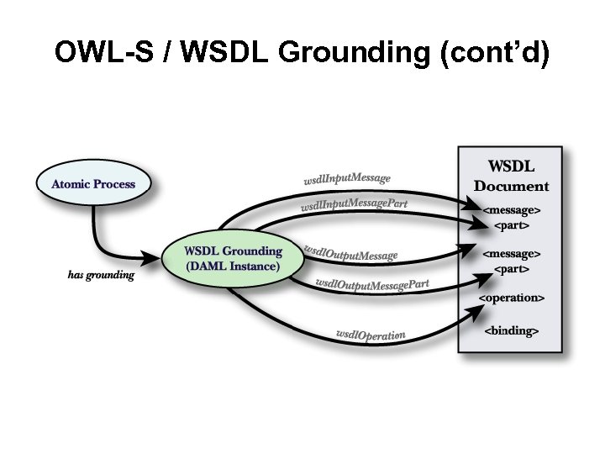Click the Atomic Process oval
[93, 184]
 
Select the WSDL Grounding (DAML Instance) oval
[233, 259]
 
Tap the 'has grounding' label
[101, 275]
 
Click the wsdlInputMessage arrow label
[346, 178]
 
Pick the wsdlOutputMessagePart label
[371, 284]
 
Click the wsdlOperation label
[371, 335]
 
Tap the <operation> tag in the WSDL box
[512, 298]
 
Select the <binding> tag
[512, 330]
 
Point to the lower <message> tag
[512, 253]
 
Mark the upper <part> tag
[512, 225]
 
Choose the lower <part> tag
[512, 269]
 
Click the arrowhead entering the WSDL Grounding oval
[155, 253]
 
